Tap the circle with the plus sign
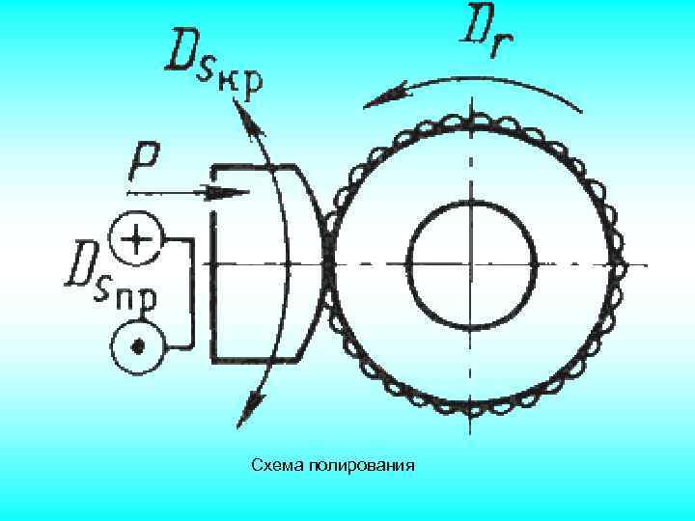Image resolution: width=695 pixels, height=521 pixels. pos(135,237)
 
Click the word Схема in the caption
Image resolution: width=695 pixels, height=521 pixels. pos(278,466)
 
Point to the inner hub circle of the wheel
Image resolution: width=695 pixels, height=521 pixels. pos(472,263)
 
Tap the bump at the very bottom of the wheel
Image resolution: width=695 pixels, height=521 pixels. pos(472,408)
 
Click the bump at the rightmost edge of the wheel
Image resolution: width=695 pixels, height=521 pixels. pos(619,263)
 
